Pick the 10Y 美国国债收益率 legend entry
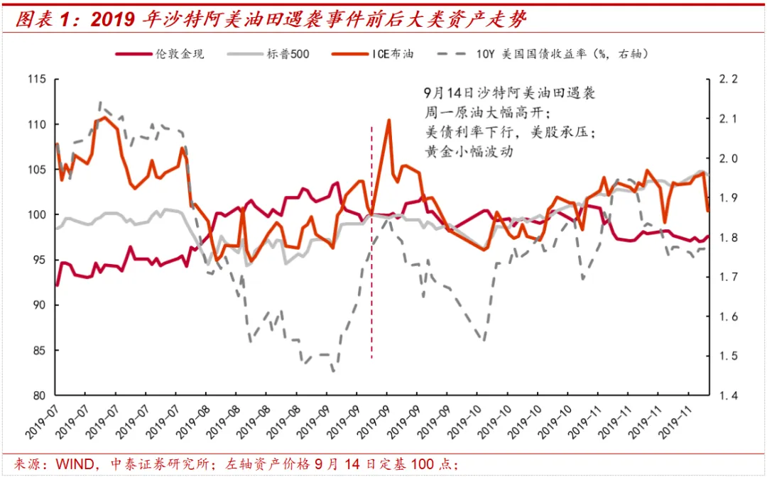pyautogui.click(x=561, y=54)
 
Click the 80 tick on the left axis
pyautogui.click(x=38, y=395)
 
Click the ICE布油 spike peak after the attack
pyautogui.click(x=388, y=120)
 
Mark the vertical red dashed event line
pyautogui.click(x=371, y=284)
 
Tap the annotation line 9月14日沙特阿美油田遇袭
pyautogui.click(x=508, y=94)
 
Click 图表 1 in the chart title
pyautogui.click(x=47, y=20)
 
